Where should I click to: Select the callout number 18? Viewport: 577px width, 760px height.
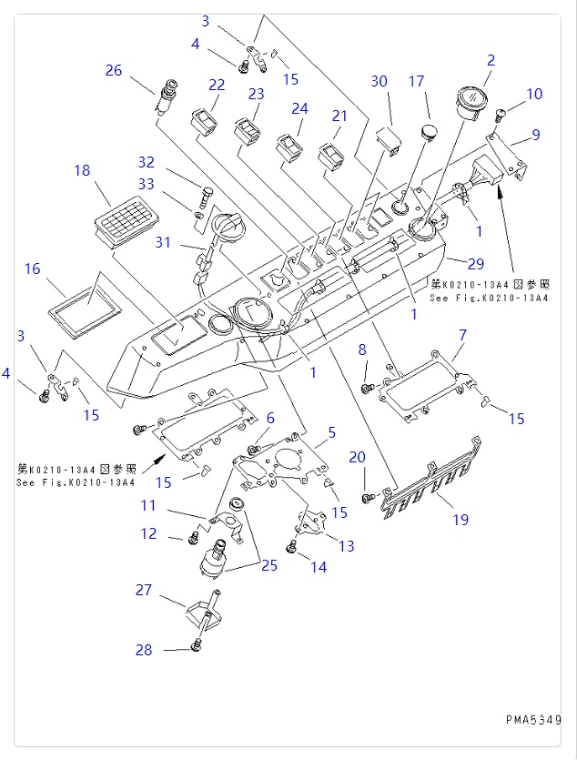(82, 170)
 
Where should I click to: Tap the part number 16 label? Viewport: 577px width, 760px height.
(33, 269)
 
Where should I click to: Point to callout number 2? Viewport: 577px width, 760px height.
(491, 61)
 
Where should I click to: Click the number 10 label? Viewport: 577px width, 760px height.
(534, 94)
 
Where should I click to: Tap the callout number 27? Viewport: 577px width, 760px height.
(144, 590)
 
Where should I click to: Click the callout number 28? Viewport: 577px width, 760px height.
(144, 650)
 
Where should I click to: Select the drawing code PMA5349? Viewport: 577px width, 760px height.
(533, 720)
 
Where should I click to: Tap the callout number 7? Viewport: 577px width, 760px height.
(461, 336)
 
